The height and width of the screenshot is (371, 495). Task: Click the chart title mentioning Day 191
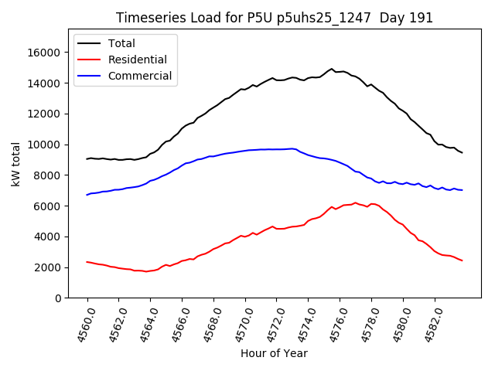[x=275, y=18]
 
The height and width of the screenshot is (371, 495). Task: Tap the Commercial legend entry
[x=140, y=76]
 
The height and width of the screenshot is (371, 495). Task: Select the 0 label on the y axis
[x=58, y=298]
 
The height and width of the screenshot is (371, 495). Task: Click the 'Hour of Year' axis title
[x=274, y=353]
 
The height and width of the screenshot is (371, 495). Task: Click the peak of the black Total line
[x=332, y=69]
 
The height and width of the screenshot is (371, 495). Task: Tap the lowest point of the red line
[x=145, y=271]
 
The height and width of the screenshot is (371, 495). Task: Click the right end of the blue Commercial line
[x=462, y=190]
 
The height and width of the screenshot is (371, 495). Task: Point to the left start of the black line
[x=87, y=158]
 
